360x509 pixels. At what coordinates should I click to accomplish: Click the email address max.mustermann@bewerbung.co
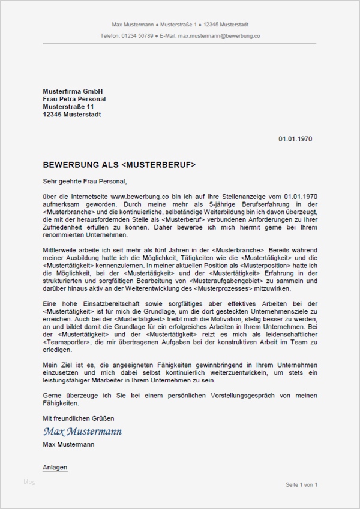pyautogui.click(x=221, y=36)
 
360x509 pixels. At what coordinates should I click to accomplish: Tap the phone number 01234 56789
pyautogui.click(x=136, y=36)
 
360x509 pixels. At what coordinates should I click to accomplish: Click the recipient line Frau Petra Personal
pyautogui.click(x=74, y=99)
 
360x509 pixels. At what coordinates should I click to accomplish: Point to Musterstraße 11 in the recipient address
pyautogui.click(x=68, y=107)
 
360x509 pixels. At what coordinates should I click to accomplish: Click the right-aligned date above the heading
pyautogui.click(x=295, y=139)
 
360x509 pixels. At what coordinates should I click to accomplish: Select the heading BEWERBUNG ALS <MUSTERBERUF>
pyautogui.click(x=119, y=164)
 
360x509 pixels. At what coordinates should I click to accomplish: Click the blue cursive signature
pyautogui.click(x=82, y=431)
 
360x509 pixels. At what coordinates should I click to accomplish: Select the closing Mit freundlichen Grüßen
pyautogui.click(x=78, y=418)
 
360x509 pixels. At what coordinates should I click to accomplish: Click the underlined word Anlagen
pyautogui.click(x=55, y=467)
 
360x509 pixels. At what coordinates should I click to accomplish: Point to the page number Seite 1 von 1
pyautogui.click(x=301, y=484)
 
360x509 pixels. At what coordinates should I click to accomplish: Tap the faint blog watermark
pyautogui.click(x=29, y=482)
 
